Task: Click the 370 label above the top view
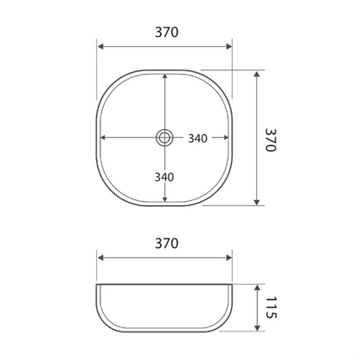click(166, 33)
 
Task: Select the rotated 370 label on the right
click(270, 139)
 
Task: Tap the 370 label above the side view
click(166, 244)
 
